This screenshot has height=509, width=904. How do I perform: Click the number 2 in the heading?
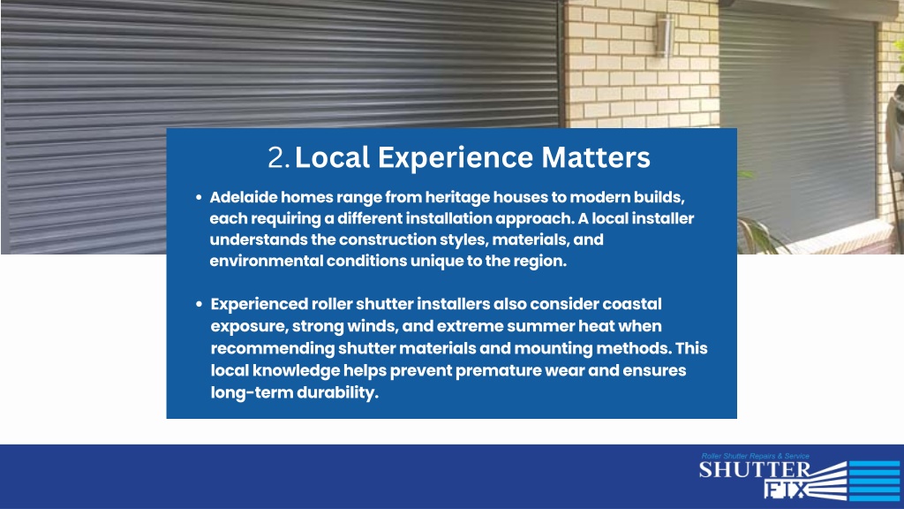[277, 157]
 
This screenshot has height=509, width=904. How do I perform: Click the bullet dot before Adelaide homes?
[199, 197]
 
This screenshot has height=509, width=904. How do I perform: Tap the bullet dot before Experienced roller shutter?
[199, 304]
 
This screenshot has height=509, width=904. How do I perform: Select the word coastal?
[632, 304]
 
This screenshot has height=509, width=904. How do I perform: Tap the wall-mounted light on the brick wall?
[665, 35]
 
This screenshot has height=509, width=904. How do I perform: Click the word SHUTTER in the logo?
[755, 470]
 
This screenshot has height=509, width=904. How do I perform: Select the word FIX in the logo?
[784, 490]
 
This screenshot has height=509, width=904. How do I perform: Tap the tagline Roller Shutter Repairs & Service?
[755, 456]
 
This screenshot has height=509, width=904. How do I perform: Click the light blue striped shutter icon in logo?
[873, 481]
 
